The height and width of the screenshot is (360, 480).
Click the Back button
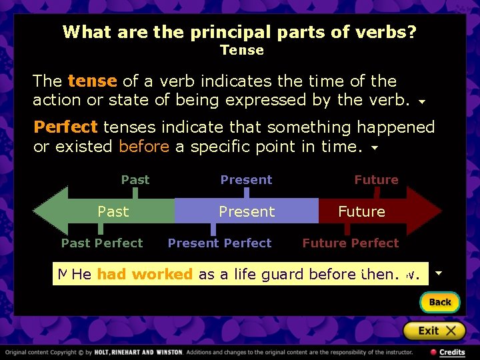tap(439, 302)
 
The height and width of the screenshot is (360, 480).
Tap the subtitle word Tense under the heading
tap(242, 50)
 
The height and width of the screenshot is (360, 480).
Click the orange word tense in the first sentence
tap(92, 81)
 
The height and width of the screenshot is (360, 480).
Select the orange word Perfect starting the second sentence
tap(65, 127)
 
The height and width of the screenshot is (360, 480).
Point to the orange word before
tap(143, 147)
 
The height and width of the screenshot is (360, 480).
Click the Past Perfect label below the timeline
tap(102, 243)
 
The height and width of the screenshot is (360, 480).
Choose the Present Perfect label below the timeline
tap(219, 243)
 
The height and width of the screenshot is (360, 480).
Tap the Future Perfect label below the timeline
tap(351, 243)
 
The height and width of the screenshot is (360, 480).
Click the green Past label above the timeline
tap(135, 180)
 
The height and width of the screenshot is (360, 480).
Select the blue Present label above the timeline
tap(246, 180)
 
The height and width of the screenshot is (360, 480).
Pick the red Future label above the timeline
tap(376, 180)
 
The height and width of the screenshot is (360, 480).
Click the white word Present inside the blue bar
tap(247, 211)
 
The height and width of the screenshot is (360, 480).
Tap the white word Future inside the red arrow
tap(361, 211)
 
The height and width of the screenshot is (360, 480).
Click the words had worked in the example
tap(145, 274)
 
